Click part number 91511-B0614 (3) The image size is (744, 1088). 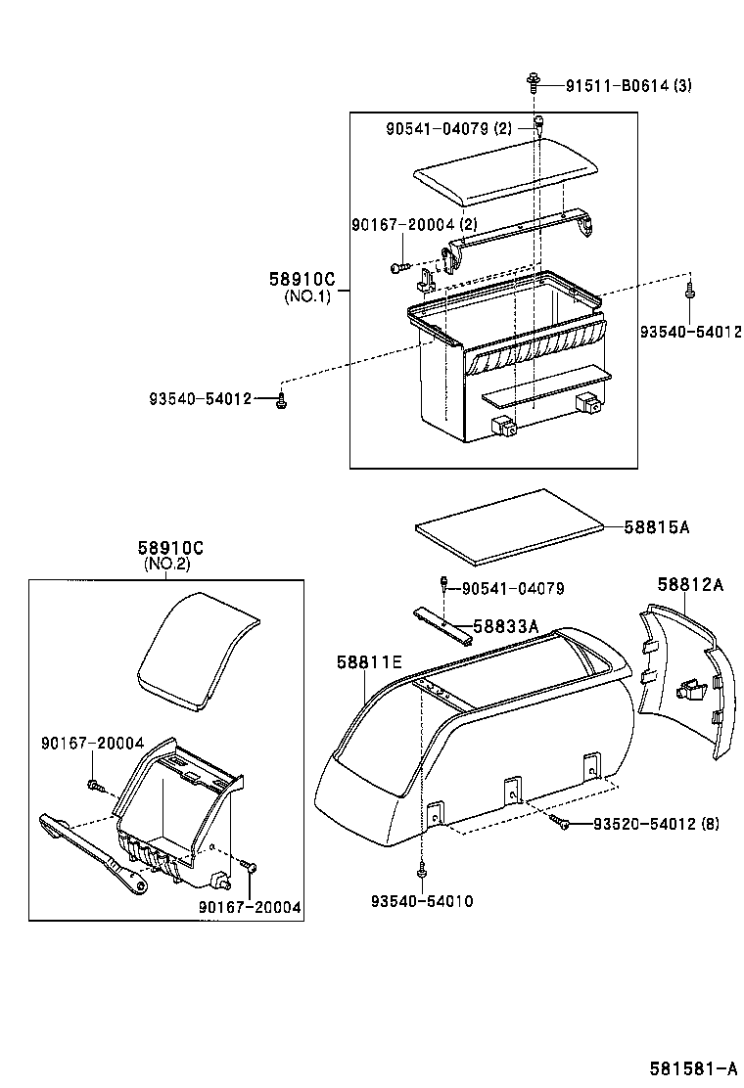point(628,85)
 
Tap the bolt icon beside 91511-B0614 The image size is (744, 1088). point(534,82)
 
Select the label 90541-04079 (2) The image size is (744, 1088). point(448,128)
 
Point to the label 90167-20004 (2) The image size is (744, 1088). point(414,225)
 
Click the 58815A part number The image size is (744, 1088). point(657,526)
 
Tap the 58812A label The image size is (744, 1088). point(690,584)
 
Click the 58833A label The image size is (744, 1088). point(506,625)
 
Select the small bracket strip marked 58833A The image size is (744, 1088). point(442,624)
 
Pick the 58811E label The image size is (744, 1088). point(369,663)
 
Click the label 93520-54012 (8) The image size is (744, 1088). point(656,824)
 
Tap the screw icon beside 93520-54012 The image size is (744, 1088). point(561,821)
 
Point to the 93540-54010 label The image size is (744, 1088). point(422,900)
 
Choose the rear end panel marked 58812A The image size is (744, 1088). point(687,685)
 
